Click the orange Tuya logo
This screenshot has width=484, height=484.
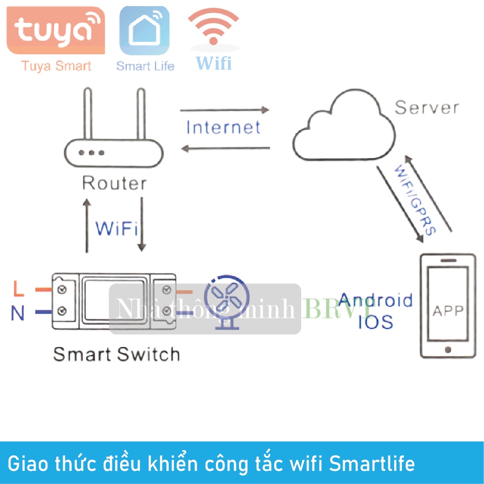click(55, 30)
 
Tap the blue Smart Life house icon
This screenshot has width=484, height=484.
click(144, 30)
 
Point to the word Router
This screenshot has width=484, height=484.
click(114, 183)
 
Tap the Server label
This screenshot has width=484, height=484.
click(426, 107)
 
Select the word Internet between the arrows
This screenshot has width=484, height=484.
click(223, 128)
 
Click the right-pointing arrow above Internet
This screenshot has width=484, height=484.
click(224, 110)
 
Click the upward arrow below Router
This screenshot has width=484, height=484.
click(86, 225)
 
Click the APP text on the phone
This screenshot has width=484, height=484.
click(448, 311)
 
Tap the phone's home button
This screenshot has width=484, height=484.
click(448, 350)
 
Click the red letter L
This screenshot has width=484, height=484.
click(18, 288)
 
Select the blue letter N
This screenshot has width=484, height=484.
click(17, 313)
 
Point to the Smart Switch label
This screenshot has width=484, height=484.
click(116, 354)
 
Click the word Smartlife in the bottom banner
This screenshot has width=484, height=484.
click(372, 464)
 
